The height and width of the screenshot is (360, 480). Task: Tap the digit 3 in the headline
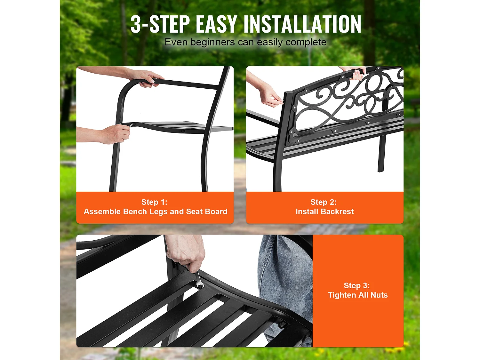[136, 24]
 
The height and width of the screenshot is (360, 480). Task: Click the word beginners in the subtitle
[212, 42]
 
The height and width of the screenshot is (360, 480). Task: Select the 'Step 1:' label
[154, 202]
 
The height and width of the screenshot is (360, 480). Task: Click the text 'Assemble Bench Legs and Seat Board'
[156, 212]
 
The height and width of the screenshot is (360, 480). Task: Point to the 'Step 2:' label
[323, 202]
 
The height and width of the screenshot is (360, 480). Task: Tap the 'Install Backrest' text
[324, 212]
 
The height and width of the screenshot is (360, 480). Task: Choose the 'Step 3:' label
[356, 285]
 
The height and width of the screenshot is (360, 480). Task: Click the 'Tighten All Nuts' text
[358, 295]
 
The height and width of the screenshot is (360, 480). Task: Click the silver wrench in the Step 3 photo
[199, 280]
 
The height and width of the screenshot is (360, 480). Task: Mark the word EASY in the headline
[216, 24]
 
